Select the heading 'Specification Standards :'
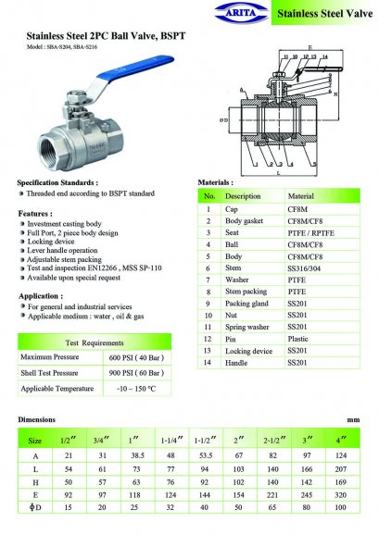(57, 183)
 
